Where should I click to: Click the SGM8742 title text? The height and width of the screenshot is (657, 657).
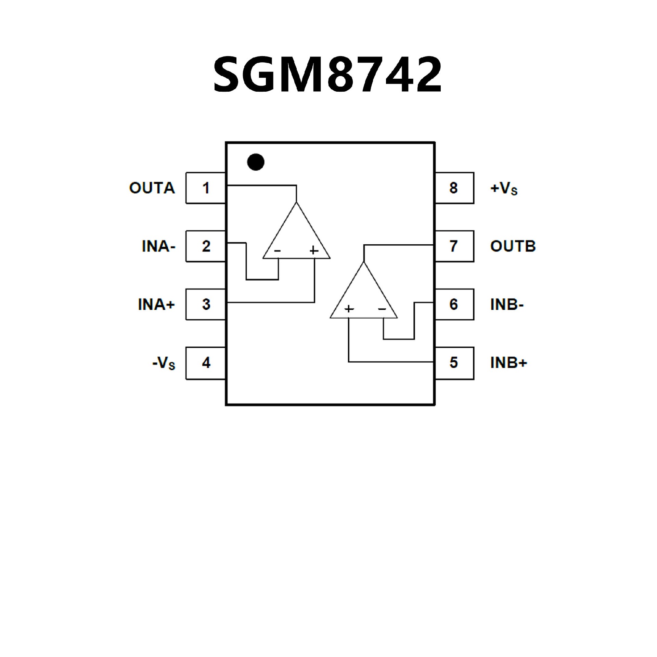point(327,75)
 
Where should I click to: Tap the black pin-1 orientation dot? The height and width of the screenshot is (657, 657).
point(256,162)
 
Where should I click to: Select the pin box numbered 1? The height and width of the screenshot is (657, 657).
point(206,188)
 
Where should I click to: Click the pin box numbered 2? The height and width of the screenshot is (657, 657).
point(206,246)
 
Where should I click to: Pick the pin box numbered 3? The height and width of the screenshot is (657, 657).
point(206,304)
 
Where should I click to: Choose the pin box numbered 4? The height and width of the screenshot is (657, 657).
point(206,363)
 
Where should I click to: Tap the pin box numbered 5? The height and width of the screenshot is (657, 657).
point(454,363)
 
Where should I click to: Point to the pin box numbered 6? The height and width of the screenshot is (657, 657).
point(454,304)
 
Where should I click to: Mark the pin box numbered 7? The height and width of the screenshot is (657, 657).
point(454,246)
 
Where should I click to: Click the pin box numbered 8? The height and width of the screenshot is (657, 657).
point(454,188)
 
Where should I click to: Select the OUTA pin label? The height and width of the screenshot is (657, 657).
point(152,188)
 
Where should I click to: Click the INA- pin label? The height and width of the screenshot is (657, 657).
point(158,246)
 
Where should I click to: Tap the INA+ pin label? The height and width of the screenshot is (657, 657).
point(156,305)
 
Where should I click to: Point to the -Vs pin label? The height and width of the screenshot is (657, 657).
point(164,363)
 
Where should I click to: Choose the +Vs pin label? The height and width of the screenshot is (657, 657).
point(504,189)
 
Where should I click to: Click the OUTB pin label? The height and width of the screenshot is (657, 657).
point(513,246)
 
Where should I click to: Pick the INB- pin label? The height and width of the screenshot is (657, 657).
point(507,305)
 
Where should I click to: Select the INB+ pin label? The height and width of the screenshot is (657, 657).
point(509,363)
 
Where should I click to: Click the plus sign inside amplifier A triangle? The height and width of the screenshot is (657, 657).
point(314,250)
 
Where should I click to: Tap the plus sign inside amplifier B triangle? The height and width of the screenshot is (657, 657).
point(349,309)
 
